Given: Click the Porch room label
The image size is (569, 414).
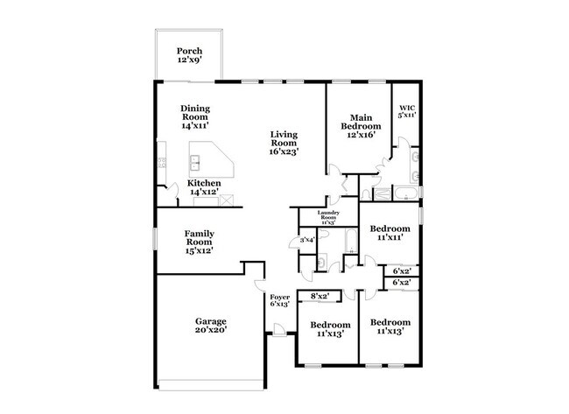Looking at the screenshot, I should click(190, 55).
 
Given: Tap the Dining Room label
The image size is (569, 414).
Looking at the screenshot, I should click(195, 117).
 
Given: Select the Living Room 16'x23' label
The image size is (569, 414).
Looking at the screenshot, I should click(284, 144).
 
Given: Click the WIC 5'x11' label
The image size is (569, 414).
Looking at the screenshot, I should click(406, 111).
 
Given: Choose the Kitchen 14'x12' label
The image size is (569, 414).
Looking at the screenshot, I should click(204, 187).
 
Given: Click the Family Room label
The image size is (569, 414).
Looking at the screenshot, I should click(200, 242).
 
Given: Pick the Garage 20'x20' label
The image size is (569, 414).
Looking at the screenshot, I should click(210, 326).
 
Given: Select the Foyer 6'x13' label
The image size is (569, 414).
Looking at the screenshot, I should click(279, 300).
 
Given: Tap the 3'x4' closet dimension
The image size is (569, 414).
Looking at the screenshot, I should click(307, 240).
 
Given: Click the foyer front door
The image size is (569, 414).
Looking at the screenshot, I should click(277, 331).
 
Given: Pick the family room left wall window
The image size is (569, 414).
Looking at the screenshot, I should click(156, 238).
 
